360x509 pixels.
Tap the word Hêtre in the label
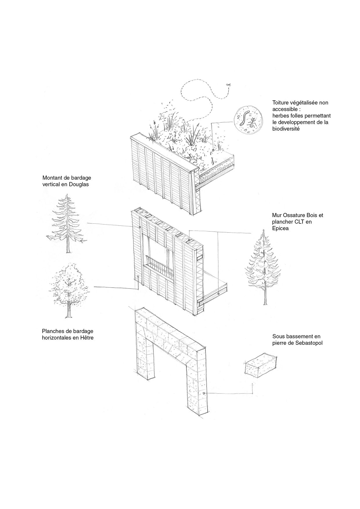pos(87,337)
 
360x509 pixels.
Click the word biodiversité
pos(286,129)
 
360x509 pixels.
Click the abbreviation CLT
pos(300,222)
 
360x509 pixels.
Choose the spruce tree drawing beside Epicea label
pos(263,267)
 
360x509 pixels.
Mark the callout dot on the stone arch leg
pos(204,393)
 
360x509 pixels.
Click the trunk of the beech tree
pos(69,310)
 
